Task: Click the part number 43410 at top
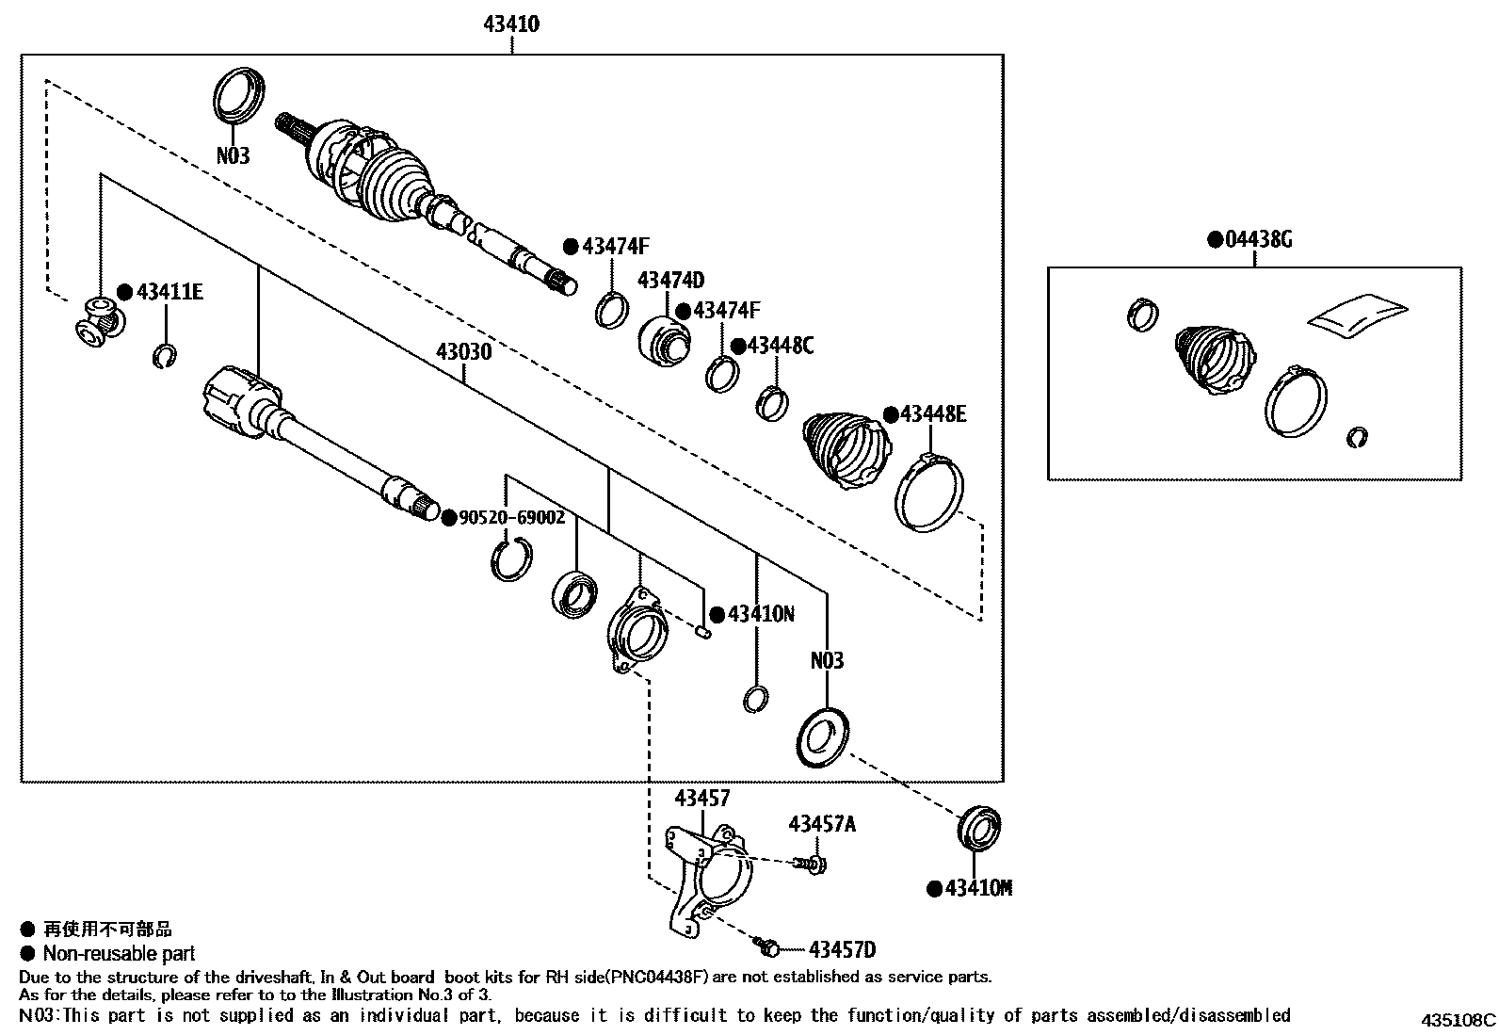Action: pos(511,24)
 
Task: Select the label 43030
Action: pos(463,353)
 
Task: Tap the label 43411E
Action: pos(169,292)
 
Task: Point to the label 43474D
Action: pos(670,281)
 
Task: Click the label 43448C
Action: pos(781,346)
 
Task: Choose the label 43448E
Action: pos(932,414)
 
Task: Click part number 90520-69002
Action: pos(511,517)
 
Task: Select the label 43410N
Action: pos(761,615)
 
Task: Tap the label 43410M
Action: pos(978,888)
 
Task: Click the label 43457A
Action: pos(822,824)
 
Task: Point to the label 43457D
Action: pos(842,950)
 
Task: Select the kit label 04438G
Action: pos(1259,239)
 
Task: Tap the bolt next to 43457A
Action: pos(811,863)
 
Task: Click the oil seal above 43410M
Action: pos(979,830)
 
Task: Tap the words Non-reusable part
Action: pos(119,953)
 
